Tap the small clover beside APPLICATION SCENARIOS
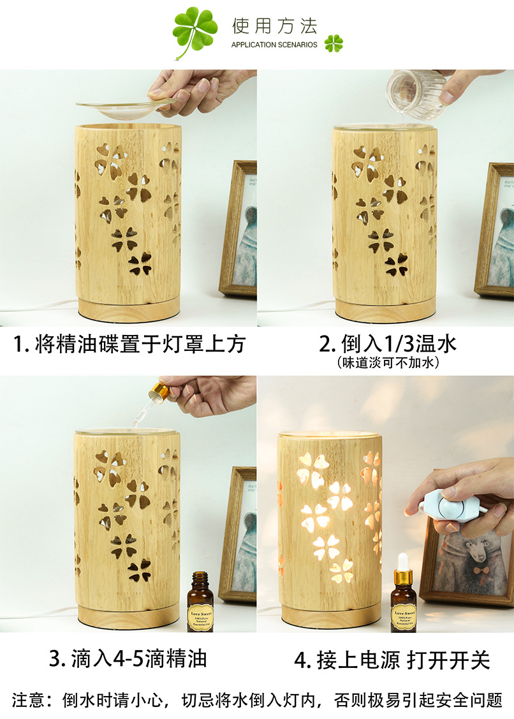[333, 43]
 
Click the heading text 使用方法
[274, 26]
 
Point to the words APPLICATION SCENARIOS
[274, 45]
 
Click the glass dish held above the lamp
[126, 107]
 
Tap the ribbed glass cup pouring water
[415, 93]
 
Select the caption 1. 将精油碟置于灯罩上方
[129, 345]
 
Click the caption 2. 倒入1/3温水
[388, 345]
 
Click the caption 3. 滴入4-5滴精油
[128, 658]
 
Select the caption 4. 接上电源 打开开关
[392, 660]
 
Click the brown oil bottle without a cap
[200, 603]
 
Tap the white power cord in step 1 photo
[38, 309]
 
